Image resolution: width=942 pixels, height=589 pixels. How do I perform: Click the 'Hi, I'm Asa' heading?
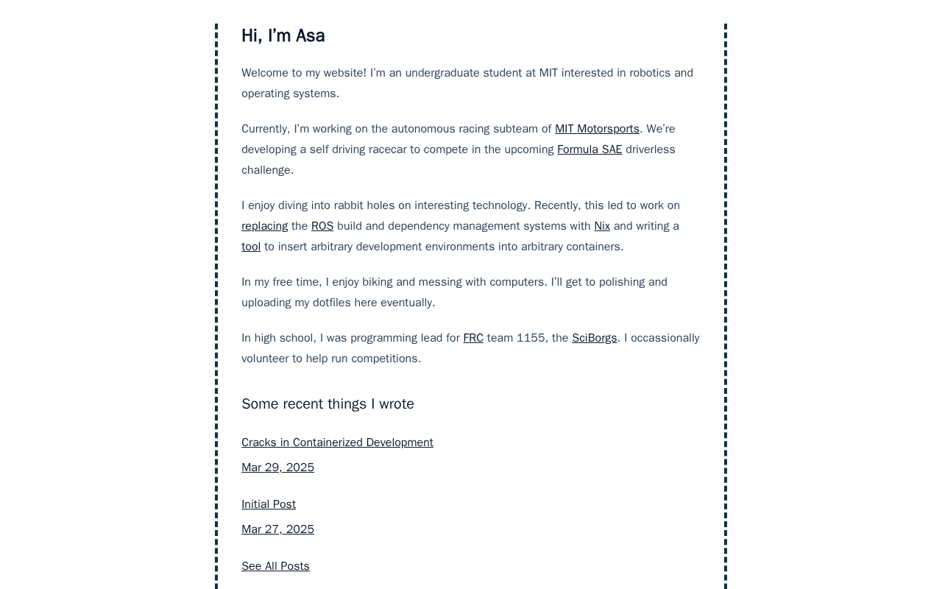coord(283,36)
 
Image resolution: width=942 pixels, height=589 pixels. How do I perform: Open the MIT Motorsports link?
coord(597,129)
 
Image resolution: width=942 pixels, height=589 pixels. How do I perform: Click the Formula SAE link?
coord(589,149)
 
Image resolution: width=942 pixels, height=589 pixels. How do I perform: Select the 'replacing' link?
coord(264,226)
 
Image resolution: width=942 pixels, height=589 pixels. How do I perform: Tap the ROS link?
coord(322,226)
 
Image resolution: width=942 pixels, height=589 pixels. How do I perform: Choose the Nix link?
coord(602,226)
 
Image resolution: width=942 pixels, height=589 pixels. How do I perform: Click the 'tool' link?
coord(251,247)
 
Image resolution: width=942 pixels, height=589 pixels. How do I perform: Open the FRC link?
coord(473,338)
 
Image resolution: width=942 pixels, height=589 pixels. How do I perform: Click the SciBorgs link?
coord(595,338)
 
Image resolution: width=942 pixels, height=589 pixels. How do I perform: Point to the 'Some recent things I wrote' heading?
coord(327,404)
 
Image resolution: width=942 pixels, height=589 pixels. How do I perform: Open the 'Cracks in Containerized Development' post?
coord(337,442)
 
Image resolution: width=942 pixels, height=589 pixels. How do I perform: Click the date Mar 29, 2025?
coord(277,468)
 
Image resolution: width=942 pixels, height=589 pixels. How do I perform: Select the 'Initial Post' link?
coord(269,504)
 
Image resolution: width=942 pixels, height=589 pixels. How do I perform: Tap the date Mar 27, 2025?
coord(277,529)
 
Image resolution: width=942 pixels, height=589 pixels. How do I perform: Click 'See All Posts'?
coord(275,566)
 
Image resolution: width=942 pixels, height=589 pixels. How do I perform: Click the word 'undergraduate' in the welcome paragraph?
coord(443,73)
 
